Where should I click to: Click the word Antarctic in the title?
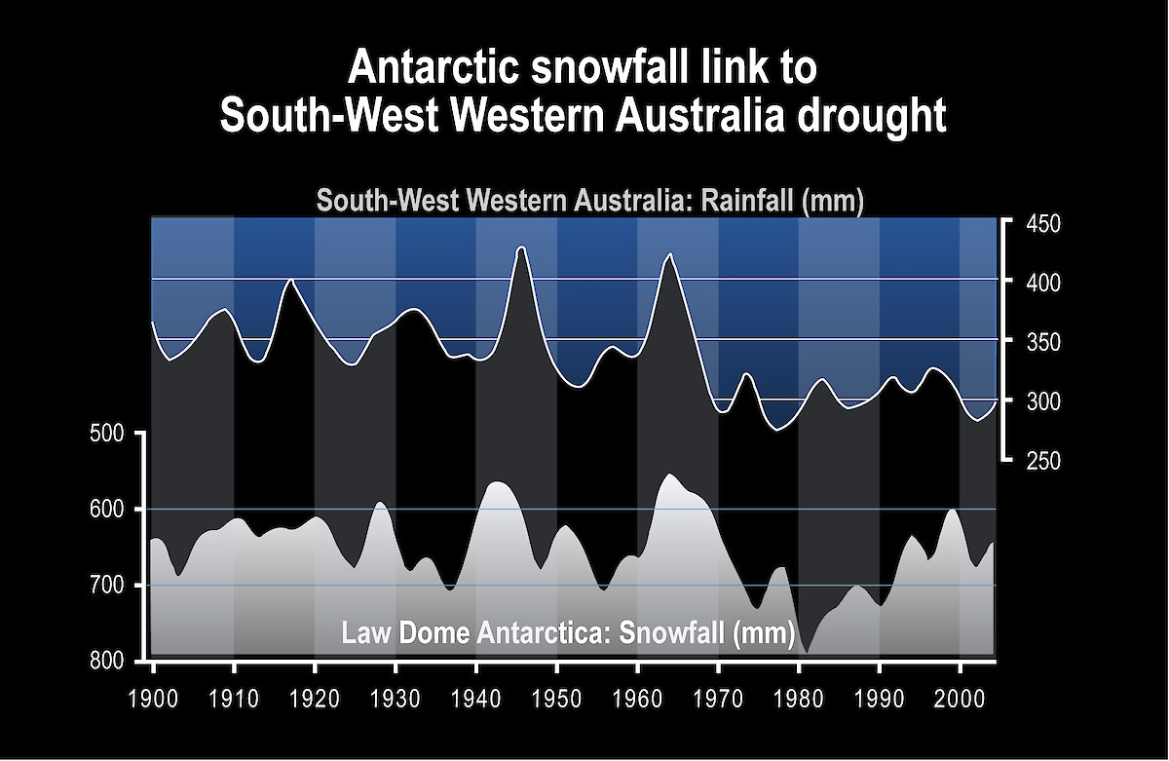435,68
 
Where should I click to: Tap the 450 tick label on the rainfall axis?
1043,224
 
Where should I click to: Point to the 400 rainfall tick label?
1043,284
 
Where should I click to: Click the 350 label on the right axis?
1043,343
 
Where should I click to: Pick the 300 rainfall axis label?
1043,401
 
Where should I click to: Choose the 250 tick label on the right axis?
1043,462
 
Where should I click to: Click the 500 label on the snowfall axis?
107,434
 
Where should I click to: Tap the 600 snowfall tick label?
107,510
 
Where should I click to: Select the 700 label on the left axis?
107,586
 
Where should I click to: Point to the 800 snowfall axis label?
107,662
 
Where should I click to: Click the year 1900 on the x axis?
153,700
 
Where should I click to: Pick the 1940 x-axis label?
476,700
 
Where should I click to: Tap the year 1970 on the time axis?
718,700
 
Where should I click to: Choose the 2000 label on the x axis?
960,700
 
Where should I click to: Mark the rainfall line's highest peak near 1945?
521,247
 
